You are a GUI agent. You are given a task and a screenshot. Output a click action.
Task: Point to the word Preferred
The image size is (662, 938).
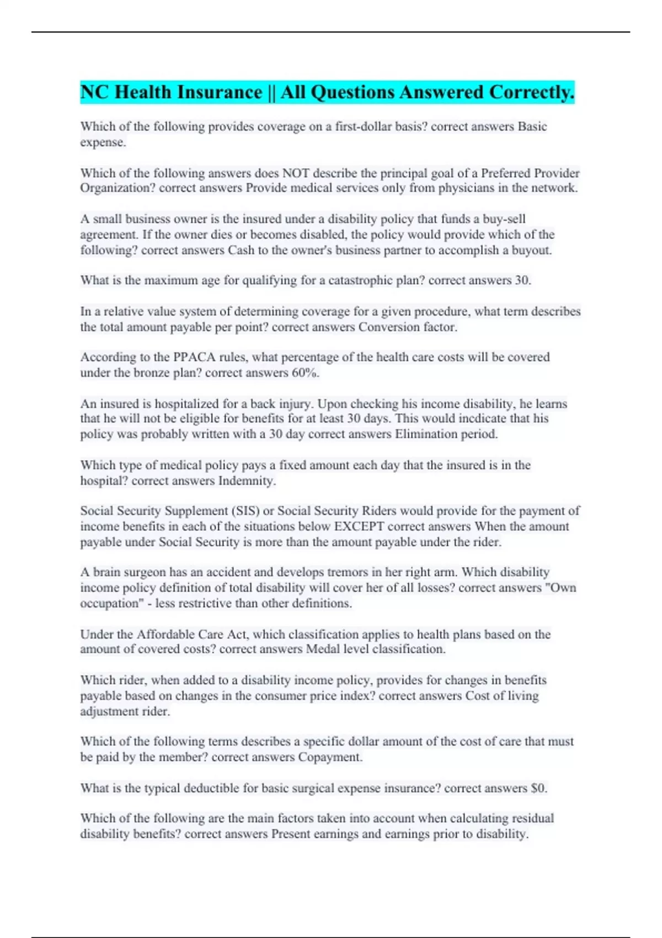point(505,173)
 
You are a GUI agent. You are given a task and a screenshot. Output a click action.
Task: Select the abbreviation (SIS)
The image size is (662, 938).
point(245,511)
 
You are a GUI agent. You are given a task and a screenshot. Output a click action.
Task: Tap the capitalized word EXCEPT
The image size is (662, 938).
point(359,526)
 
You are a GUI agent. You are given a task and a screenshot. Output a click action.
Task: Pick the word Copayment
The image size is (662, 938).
point(329,757)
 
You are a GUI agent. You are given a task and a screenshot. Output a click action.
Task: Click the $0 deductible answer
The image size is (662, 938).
point(538,788)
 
